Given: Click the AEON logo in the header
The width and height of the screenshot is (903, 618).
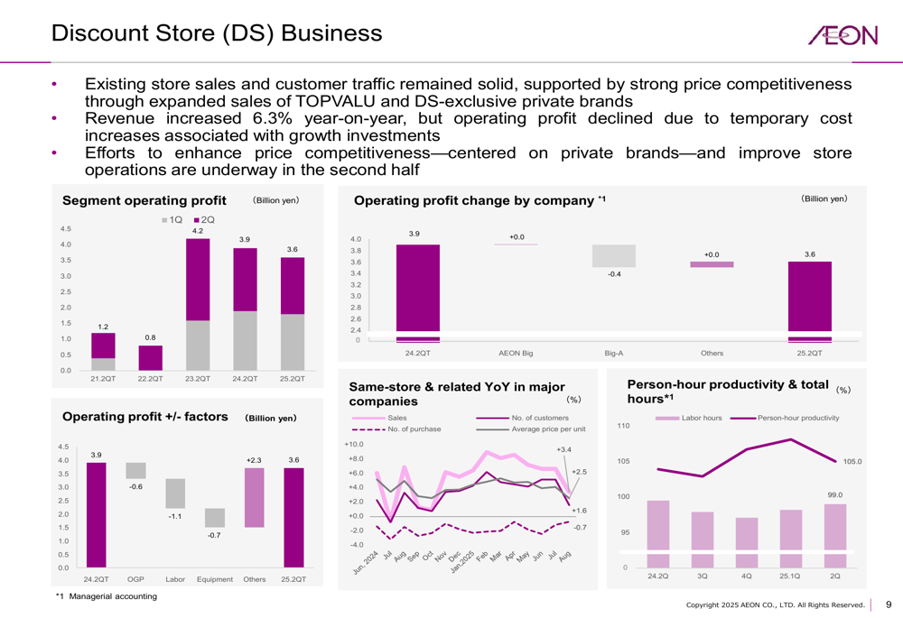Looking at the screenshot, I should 842,35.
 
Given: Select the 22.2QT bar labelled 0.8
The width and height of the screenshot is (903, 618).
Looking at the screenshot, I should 150,357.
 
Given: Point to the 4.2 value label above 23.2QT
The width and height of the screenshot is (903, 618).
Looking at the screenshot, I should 198,231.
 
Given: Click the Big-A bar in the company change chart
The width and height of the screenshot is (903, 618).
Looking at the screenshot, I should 613,256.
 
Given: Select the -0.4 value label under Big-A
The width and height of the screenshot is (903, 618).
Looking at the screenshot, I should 613,273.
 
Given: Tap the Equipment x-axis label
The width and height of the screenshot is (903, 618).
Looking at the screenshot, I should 214,579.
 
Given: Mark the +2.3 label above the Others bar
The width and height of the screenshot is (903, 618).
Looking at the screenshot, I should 254,460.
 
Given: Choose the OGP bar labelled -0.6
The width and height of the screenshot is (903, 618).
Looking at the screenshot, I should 135,470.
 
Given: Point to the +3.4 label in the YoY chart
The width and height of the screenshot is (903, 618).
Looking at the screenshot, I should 564,449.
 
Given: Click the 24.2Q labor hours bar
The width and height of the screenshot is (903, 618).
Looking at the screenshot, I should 658,534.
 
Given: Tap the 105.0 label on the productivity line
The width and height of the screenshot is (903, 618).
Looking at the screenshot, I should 852,461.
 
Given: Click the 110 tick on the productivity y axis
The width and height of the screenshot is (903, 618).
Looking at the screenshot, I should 622,426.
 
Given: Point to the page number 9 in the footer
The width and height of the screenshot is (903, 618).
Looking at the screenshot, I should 888,604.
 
